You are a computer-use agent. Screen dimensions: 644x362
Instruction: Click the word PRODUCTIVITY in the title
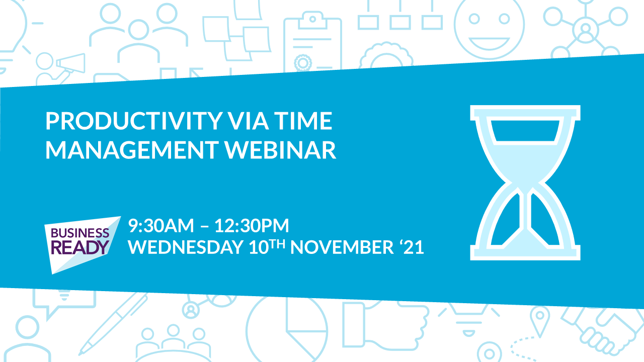(134, 121)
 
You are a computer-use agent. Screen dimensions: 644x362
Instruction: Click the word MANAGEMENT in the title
(132, 150)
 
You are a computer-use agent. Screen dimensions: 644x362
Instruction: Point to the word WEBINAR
(280, 150)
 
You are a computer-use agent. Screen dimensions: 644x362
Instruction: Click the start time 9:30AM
(161, 226)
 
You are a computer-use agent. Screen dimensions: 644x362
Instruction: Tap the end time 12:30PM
(252, 226)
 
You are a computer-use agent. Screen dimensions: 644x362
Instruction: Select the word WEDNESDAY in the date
(186, 247)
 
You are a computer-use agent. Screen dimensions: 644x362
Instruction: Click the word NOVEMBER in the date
(342, 247)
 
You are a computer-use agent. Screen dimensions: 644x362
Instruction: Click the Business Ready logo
(82, 245)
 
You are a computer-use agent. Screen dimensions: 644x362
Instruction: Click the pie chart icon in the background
(287, 330)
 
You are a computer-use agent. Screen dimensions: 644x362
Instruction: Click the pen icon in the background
(113, 323)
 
